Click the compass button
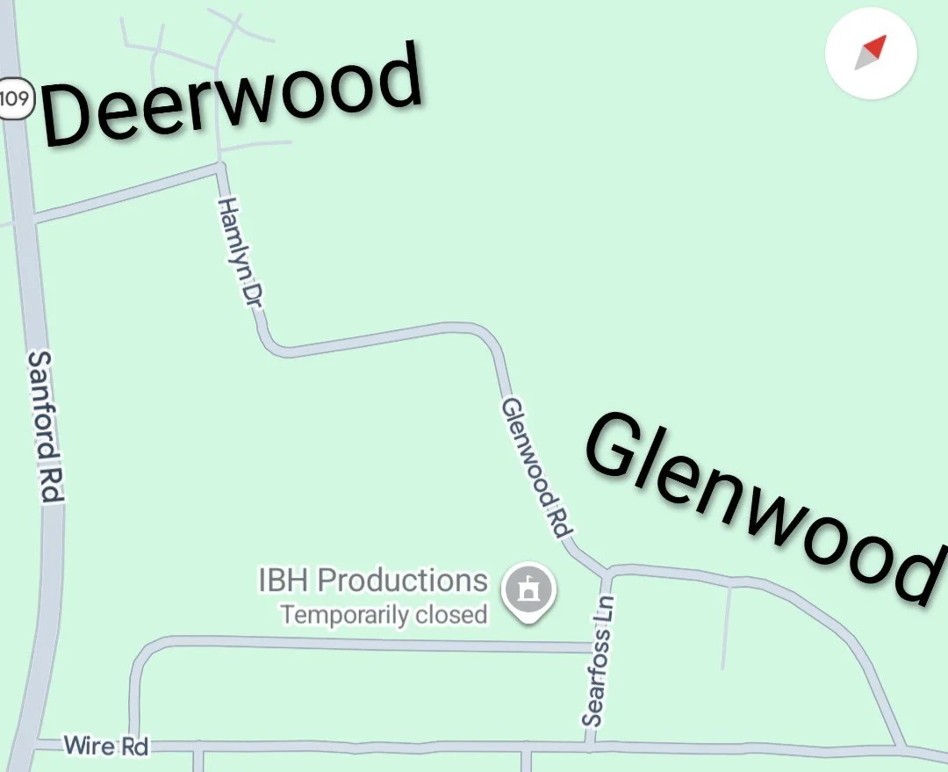click(x=871, y=53)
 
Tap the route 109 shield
click(x=15, y=97)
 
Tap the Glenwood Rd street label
click(x=536, y=468)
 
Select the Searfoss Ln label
click(x=599, y=660)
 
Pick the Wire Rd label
click(x=106, y=747)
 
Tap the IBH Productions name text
click(x=372, y=581)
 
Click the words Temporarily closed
click(x=384, y=614)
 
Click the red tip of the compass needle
click(x=877, y=45)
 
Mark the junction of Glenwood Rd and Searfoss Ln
click(x=606, y=573)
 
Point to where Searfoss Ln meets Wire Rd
click(x=590, y=746)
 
